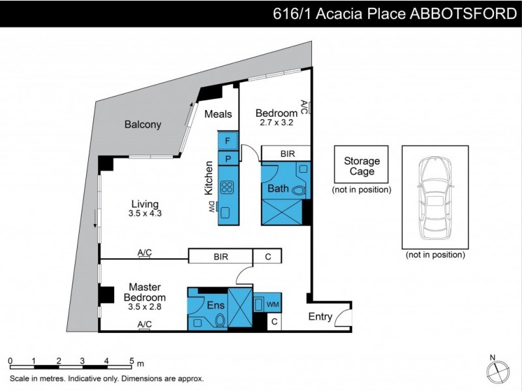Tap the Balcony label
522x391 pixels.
(142, 124)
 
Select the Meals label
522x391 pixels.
(218, 114)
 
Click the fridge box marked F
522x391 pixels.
(228, 140)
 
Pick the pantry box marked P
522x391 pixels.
(228, 158)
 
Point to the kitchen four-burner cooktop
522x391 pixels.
(228, 187)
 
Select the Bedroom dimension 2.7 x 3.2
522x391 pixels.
(277, 122)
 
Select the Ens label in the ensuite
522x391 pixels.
(216, 304)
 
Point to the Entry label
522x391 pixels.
(320, 317)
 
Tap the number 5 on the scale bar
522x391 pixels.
(131, 360)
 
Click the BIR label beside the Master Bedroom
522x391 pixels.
(221, 257)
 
